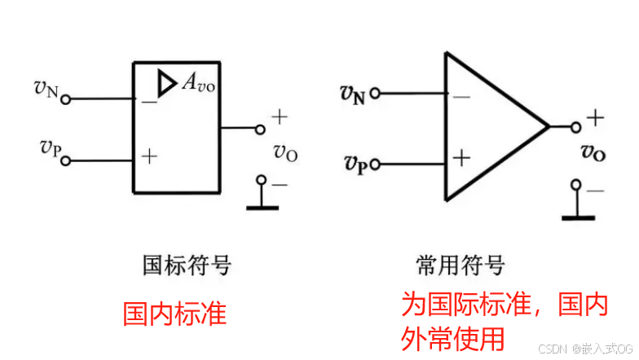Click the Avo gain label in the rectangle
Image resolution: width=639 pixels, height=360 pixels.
(x=199, y=81)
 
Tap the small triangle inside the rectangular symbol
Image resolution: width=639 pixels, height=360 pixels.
(x=167, y=82)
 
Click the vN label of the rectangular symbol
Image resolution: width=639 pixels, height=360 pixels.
(x=46, y=88)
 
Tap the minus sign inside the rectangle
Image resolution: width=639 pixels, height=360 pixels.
(x=149, y=102)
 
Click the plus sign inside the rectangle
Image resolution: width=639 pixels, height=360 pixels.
(x=149, y=156)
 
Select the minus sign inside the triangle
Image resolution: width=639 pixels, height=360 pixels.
(x=461, y=97)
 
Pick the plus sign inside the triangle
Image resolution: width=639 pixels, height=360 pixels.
(x=461, y=157)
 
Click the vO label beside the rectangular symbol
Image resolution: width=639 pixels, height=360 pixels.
(x=284, y=151)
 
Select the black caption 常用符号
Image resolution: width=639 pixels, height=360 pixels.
(x=461, y=265)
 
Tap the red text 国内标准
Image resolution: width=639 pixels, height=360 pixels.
(x=174, y=313)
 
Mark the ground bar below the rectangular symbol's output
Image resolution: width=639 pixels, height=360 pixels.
(x=262, y=207)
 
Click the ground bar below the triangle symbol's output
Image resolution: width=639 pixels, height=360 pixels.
(x=578, y=216)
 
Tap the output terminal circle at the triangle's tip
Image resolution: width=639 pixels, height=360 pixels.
(x=576, y=126)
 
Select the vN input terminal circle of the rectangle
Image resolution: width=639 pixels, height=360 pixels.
(x=66, y=99)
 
